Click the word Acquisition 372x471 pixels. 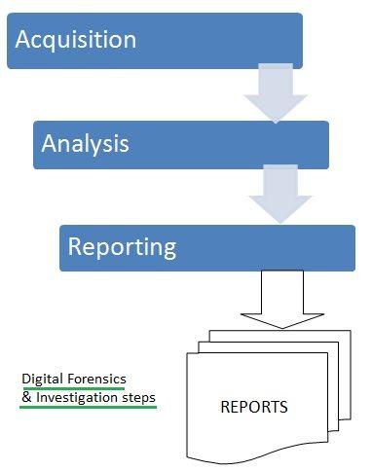tap(75, 40)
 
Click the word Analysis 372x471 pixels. tap(85, 144)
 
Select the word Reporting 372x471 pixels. tap(122, 246)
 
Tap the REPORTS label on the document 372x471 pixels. tap(253, 407)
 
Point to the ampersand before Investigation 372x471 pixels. tap(25, 398)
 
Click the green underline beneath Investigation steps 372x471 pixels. tap(88, 408)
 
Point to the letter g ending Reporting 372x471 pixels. tap(168, 249)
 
